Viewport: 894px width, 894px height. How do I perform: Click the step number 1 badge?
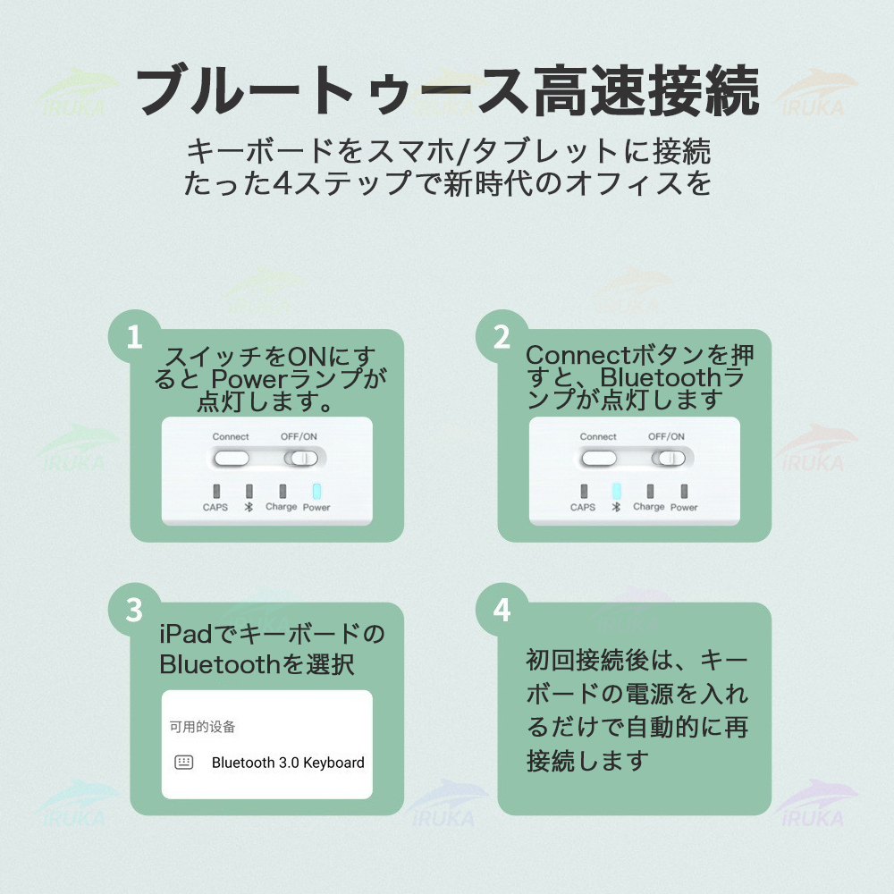click(135, 336)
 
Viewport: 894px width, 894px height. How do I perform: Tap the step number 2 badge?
click(502, 336)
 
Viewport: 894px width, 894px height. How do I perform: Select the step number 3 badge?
click(135, 610)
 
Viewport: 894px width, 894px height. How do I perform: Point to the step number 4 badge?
click(502, 610)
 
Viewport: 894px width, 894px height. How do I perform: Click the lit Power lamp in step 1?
click(317, 491)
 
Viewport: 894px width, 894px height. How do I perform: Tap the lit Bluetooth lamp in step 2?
click(616, 491)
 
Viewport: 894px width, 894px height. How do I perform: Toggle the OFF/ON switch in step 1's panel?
click(301, 459)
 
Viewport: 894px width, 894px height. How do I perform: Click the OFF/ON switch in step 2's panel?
click(668, 459)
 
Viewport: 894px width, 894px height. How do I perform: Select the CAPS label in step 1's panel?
click(215, 508)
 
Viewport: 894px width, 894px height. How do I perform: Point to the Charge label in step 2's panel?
click(649, 507)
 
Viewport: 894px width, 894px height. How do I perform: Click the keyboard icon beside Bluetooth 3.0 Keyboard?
click(183, 763)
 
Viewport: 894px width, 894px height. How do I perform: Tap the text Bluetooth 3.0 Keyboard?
click(288, 763)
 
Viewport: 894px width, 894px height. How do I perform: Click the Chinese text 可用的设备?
click(202, 726)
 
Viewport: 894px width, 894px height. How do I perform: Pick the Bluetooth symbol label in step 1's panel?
click(249, 507)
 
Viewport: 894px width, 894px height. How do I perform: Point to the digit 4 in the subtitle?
click(283, 183)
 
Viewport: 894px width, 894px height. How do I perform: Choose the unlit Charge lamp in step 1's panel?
click(283, 491)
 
